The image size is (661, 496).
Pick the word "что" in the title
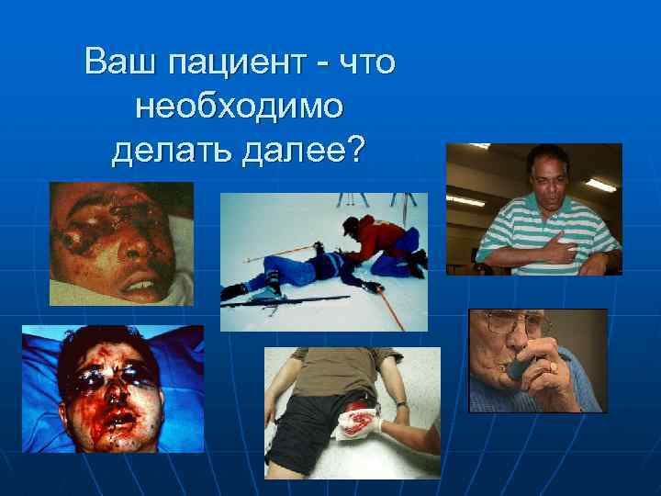(367, 62)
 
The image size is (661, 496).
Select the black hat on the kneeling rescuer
(352, 224)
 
